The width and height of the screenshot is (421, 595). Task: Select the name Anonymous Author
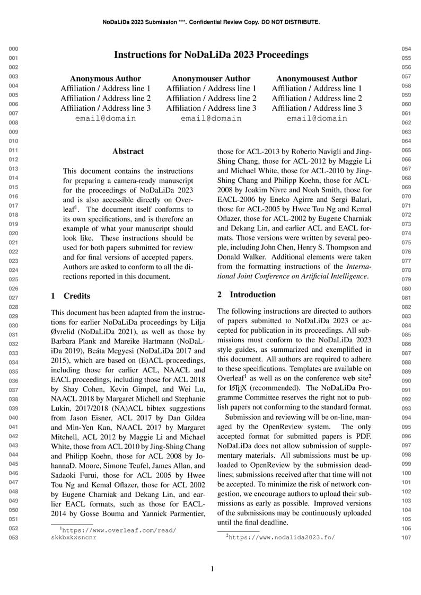(106, 78)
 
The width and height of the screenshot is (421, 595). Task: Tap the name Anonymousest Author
(317, 78)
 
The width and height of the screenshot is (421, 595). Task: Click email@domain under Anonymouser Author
(211, 118)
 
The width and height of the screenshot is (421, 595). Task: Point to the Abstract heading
(128, 151)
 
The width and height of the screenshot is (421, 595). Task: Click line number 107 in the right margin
(406, 538)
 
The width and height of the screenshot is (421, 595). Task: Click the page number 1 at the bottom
(212, 569)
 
